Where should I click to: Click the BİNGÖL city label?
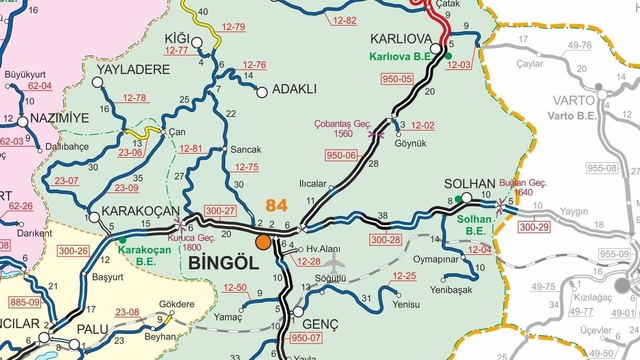(x=221, y=261)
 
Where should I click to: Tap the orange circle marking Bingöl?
(x=263, y=241)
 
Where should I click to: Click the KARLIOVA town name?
(x=400, y=38)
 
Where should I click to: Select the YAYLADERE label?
(x=133, y=70)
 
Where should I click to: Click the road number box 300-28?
(x=385, y=240)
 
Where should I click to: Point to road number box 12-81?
(x=190, y=149)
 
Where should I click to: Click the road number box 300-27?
(x=220, y=211)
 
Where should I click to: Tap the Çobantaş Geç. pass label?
(x=346, y=125)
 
